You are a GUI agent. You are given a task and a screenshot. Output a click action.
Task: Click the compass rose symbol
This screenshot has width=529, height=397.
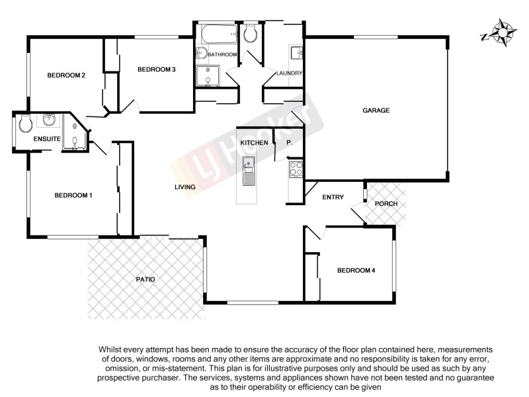(505, 33)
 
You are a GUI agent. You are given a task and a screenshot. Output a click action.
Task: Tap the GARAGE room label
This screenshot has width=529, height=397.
(376, 110)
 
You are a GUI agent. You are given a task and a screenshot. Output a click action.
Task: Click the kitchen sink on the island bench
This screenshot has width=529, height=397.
(249, 163)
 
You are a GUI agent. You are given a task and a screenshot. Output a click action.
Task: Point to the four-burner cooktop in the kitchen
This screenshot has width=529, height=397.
(296, 169)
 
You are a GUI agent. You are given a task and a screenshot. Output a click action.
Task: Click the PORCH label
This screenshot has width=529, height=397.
(386, 204)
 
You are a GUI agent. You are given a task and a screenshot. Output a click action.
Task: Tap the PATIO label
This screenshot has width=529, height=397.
(145, 279)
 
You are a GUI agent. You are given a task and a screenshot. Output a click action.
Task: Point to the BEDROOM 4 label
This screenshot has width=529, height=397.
(356, 270)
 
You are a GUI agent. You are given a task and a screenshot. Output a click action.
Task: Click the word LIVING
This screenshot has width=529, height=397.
(185, 187)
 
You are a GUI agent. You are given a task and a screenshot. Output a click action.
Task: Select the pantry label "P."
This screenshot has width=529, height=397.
(289, 143)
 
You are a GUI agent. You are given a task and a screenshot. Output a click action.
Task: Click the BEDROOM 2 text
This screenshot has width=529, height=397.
(66, 75)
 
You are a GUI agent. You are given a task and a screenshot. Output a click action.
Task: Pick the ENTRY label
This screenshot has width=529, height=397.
(333, 198)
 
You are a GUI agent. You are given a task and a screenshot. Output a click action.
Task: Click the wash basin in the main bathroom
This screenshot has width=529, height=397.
(202, 54)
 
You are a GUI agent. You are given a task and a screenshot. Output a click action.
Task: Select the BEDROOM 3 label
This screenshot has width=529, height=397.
(156, 69)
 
